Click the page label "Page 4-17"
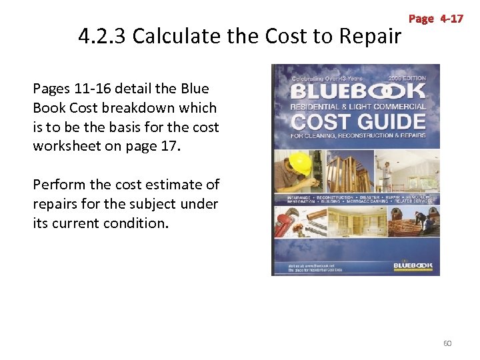435,19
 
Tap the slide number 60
447,343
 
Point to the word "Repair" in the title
369,36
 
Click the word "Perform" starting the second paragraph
59,185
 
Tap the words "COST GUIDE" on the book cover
358,122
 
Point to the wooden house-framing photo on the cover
347,167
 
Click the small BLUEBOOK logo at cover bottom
413,265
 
